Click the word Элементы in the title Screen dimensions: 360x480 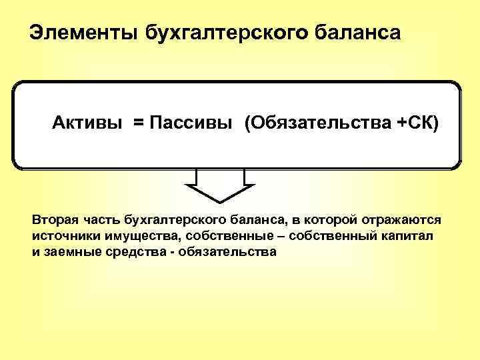pyautogui.click(x=81, y=33)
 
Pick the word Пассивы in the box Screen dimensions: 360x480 pyautogui.click(x=190, y=123)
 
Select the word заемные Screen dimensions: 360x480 pyautogui.click(x=70, y=253)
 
